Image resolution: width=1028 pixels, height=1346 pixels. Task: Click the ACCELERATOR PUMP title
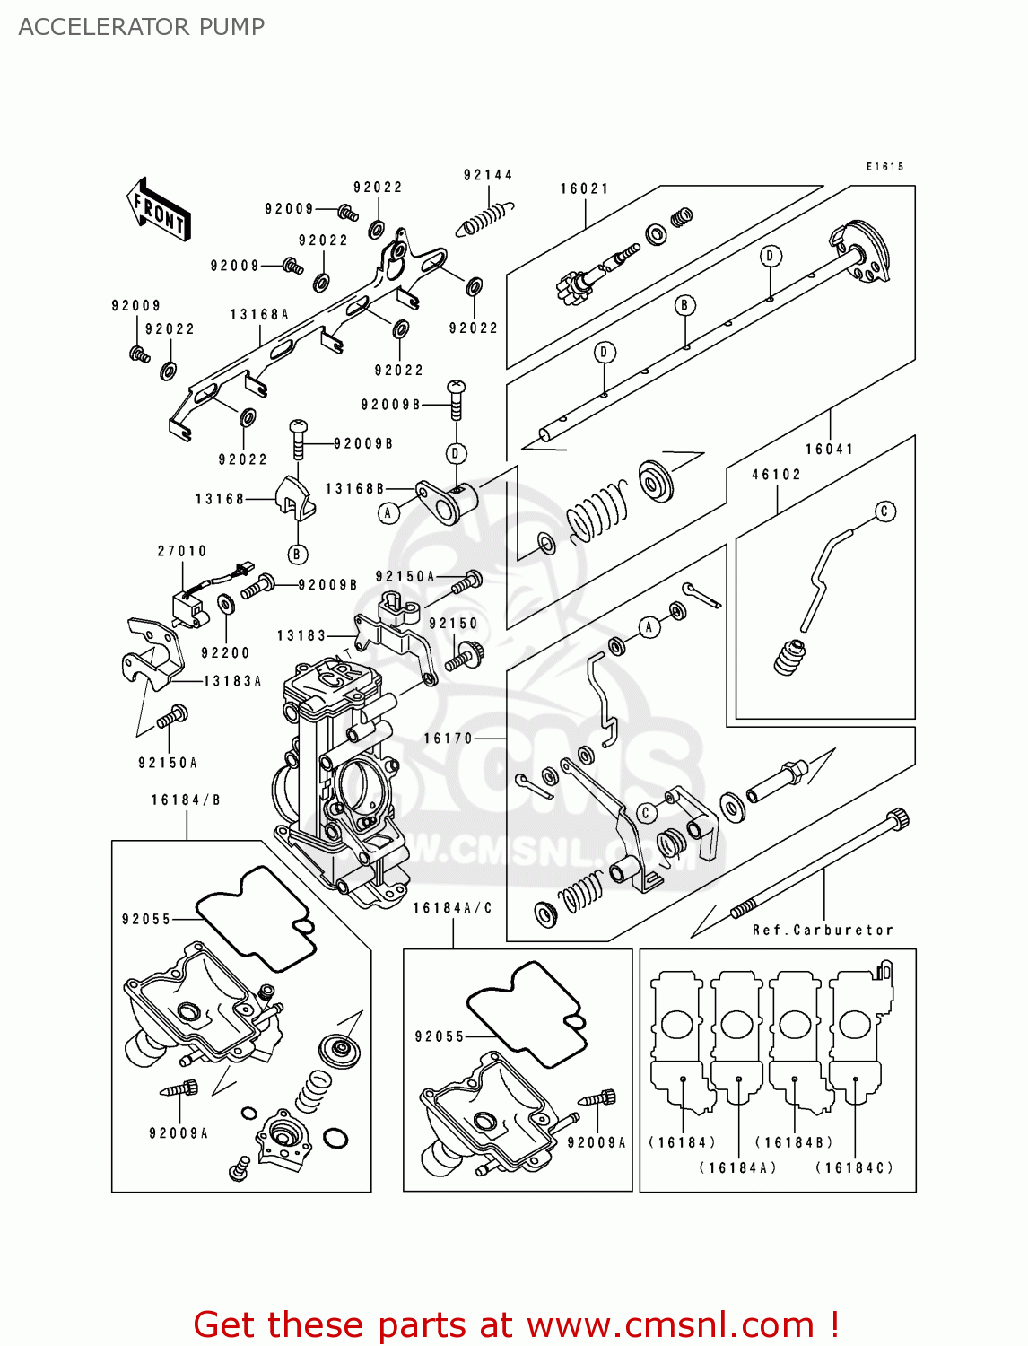pos(141,27)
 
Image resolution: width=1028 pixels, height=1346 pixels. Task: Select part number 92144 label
pos(488,175)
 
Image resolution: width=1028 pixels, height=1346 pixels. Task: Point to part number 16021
pos(585,188)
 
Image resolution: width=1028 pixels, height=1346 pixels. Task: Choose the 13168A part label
pos(259,315)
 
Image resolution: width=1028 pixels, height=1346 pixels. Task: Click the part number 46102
pos(776,475)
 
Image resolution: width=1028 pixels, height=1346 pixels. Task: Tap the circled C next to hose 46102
pos(884,511)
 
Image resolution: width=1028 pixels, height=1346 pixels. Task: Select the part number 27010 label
pos(182,551)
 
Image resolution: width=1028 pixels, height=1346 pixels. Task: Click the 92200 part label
pos(225,653)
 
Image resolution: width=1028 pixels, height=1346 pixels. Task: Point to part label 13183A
pos(232,681)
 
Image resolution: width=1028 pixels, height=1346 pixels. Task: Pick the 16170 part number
pos(448,739)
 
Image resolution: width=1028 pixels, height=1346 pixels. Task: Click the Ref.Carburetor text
pos(823,931)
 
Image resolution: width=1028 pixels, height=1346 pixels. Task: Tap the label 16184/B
pos(186,800)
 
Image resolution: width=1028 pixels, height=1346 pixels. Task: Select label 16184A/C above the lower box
pos(452,908)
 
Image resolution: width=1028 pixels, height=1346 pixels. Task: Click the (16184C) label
pos(854,1167)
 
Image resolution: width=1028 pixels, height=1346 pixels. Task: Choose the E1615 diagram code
pos(884,167)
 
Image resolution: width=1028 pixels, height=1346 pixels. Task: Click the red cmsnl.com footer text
pos(516,1324)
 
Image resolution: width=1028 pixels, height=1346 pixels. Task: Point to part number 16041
pos(829,450)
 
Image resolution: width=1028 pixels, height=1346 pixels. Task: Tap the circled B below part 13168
pos(297,555)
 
